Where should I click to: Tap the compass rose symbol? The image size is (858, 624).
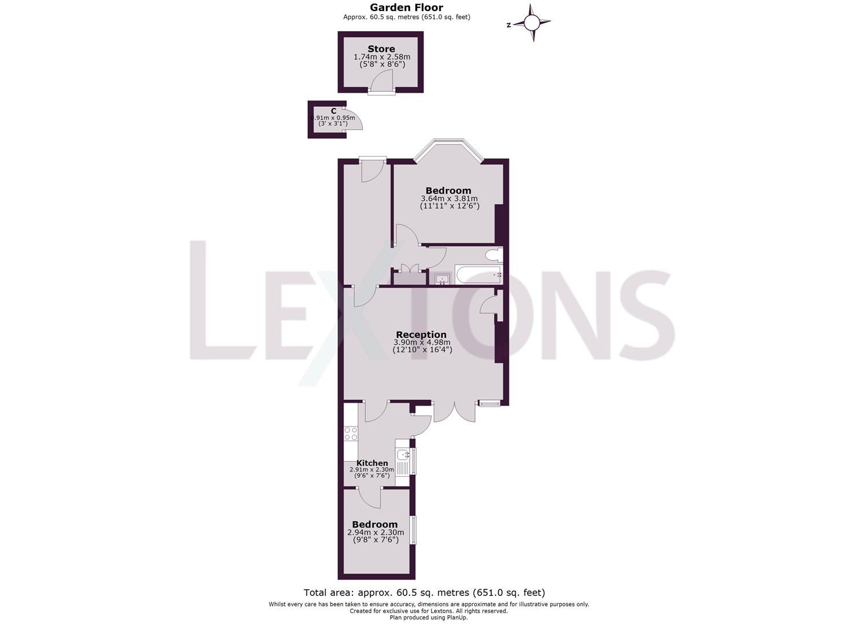[532, 23]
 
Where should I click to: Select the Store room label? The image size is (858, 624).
[381, 49]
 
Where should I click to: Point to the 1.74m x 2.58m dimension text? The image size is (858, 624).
[381, 57]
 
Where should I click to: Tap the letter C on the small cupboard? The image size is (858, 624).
[334, 110]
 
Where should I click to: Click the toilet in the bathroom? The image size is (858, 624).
[493, 255]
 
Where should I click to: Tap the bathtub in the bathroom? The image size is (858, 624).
[478, 275]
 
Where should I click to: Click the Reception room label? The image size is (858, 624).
[421, 335]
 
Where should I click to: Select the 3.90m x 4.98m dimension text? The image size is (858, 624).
[422, 343]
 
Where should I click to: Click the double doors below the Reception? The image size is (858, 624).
[455, 411]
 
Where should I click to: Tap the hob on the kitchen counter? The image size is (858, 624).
[351, 434]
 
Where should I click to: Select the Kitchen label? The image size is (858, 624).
[372, 463]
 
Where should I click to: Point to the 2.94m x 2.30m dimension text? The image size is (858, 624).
[376, 533]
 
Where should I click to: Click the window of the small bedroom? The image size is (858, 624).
[413, 529]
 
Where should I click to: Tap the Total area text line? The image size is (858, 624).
[424, 592]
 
